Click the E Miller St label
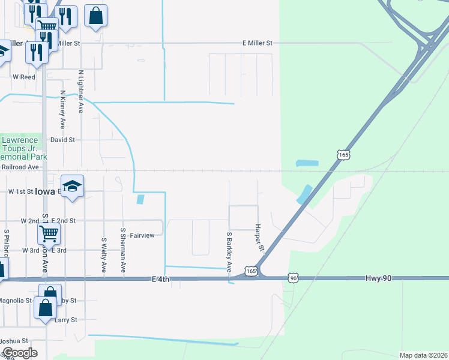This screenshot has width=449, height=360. pyautogui.click(x=257, y=43)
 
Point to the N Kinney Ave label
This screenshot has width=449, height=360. pyautogui.click(x=62, y=110)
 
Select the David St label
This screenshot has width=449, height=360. pyautogui.click(x=62, y=140)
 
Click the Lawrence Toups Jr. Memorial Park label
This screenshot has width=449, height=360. pyautogui.click(x=20, y=148)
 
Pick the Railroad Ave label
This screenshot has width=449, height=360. pyautogui.click(x=20, y=167)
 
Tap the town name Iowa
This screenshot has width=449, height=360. pyautogui.click(x=44, y=191)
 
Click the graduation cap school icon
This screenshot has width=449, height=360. pyautogui.click(x=72, y=186)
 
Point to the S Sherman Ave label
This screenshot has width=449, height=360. pyautogui.click(x=122, y=251)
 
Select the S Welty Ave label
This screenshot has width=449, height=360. pyautogui.click(x=104, y=256)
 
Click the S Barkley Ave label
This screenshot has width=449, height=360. pyautogui.click(x=229, y=251)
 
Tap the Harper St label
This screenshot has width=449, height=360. pyautogui.click(x=259, y=237)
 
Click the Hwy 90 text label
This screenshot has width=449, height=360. pyautogui.click(x=377, y=278)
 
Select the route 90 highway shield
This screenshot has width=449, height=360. pyautogui.click(x=293, y=278)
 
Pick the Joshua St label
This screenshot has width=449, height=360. pyautogui.click(x=14, y=341)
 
